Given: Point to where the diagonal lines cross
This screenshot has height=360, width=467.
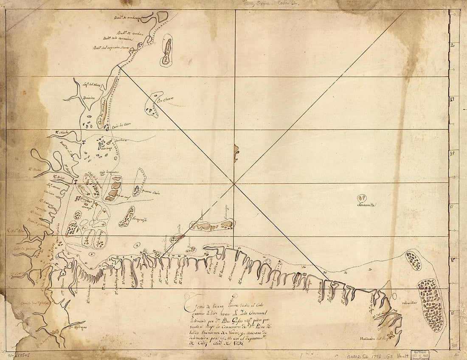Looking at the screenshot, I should (234, 183).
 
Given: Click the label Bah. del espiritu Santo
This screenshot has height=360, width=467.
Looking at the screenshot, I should (112, 48).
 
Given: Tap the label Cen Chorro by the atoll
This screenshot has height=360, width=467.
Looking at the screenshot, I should (166, 100).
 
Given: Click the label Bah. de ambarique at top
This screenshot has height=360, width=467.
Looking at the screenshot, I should (127, 17).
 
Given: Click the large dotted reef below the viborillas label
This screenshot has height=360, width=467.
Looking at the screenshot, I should (430, 304).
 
